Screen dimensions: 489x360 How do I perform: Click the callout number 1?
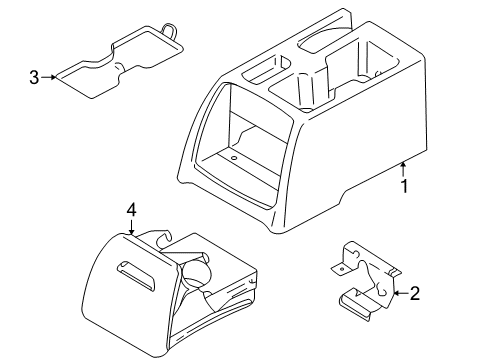click(x=404, y=186)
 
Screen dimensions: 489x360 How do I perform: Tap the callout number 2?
click(x=415, y=293)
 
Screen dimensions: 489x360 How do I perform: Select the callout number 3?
click(x=34, y=77)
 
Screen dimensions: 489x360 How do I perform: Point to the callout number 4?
click(x=131, y=210)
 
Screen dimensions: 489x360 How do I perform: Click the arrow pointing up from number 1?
click(x=404, y=169)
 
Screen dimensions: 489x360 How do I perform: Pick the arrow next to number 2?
click(x=401, y=293)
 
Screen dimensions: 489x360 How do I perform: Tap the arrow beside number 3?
click(x=49, y=77)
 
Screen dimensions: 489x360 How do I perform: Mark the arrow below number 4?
click(x=132, y=226)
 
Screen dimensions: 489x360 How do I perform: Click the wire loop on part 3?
click(x=169, y=31)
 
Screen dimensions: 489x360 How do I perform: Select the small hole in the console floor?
click(x=234, y=158)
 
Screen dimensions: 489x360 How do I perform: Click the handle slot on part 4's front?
click(x=136, y=274)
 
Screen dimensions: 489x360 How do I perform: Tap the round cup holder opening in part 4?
click(x=196, y=273)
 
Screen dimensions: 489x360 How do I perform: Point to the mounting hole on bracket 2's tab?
click(x=341, y=268)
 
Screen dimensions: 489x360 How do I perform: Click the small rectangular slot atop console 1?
click(x=264, y=69)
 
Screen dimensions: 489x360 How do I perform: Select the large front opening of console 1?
click(x=244, y=147)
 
